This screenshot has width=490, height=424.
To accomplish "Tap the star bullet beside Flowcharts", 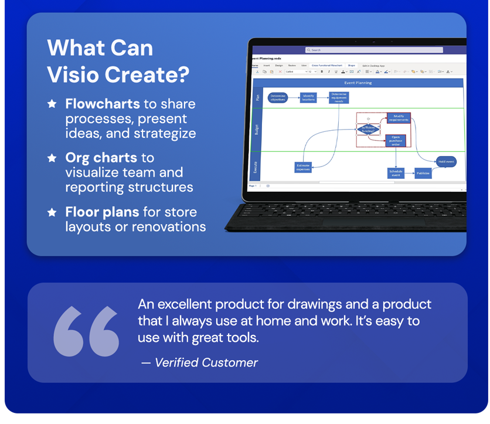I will (52, 104).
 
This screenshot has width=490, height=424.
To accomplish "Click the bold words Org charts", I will (101, 158).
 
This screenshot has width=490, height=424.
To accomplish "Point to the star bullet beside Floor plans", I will (52, 212).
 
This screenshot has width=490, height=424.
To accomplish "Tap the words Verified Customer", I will (206, 362).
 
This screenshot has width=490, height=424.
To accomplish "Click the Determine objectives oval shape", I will (278, 97).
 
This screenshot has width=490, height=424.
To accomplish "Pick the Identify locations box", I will (309, 97).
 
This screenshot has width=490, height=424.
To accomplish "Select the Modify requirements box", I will (399, 118).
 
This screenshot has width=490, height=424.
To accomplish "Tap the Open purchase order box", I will (396, 140).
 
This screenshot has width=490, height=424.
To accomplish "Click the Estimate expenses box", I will (303, 167).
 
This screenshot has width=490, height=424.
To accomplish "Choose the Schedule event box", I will (396, 173).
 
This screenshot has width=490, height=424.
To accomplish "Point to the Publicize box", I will (423, 173).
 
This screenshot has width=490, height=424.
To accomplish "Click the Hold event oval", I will (446, 161).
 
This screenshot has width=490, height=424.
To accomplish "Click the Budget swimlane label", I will (256, 129).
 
